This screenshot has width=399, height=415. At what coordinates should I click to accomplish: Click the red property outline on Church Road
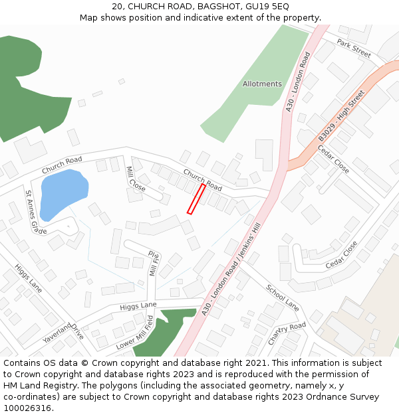(196, 199)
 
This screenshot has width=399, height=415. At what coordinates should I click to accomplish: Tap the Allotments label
(262, 84)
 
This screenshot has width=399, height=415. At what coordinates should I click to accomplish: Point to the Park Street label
(353, 47)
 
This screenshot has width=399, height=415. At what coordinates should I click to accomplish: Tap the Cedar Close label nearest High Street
(332, 159)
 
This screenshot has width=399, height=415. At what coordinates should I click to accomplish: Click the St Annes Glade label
(35, 212)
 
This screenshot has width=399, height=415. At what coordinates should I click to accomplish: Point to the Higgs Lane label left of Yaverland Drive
(27, 278)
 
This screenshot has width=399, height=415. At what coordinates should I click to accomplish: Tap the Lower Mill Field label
(134, 333)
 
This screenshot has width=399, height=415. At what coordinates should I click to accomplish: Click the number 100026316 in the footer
(27, 408)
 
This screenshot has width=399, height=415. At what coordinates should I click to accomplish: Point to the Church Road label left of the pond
(62, 165)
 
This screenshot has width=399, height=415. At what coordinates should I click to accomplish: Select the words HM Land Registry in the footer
(35, 386)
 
